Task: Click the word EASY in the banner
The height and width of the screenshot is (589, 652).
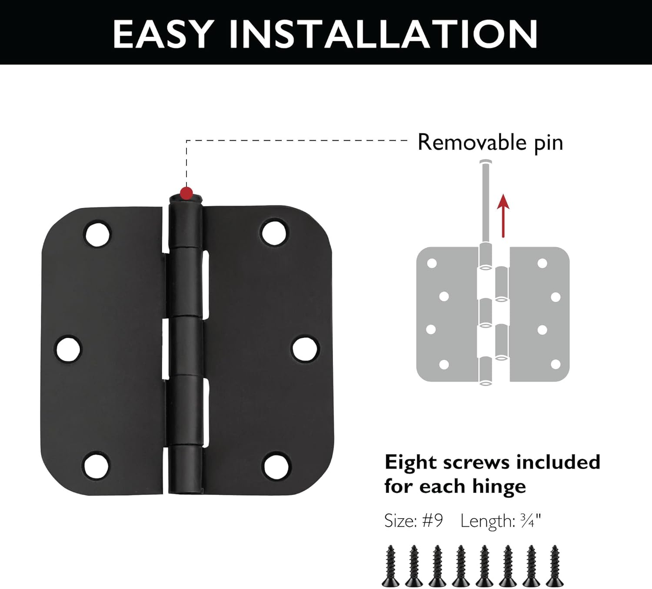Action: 163,34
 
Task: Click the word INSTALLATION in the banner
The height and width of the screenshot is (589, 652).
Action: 383,34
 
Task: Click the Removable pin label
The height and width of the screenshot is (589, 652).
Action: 490,143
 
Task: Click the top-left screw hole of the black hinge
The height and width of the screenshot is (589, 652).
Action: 97,234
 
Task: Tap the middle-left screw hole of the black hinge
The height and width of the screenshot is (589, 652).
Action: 69,349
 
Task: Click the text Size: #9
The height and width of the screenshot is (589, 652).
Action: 413,521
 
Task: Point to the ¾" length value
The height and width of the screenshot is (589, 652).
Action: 532,521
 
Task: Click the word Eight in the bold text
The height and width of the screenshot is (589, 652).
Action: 410,462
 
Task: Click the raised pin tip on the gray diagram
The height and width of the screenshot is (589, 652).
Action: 486,164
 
